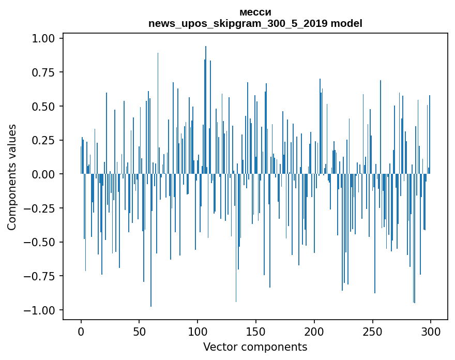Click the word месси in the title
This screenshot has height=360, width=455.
click(255, 12)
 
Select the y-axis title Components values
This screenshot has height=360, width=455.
click(12, 177)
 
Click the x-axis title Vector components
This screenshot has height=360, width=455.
click(255, 347)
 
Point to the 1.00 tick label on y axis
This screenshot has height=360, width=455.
click(47, 38)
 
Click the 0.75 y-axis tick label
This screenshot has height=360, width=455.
click(47, 72)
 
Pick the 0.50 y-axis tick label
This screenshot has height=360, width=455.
click(47, 107)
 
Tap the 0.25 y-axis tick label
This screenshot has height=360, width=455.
click(47, 140)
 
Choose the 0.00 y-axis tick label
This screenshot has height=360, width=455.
click(47, 174)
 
